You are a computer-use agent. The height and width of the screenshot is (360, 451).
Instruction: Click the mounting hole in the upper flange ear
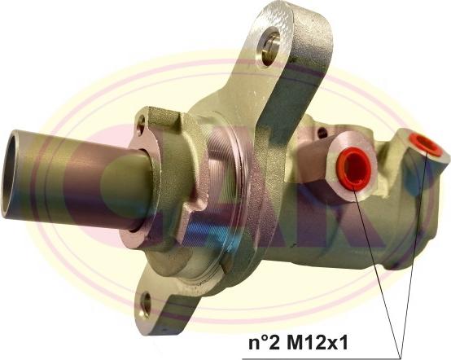click(x=269, y=46)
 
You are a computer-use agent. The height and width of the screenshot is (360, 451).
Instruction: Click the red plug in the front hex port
click(x=353, y=169)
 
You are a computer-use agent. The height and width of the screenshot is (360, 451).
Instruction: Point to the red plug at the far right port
click(x=426, y=144)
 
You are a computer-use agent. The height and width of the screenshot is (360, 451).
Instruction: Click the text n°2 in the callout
click(x=264, y=342)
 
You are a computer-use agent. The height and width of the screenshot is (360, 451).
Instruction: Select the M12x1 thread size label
click(x=317, y=342)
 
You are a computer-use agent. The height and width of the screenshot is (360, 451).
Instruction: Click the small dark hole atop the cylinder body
click(x=322, y=133)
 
